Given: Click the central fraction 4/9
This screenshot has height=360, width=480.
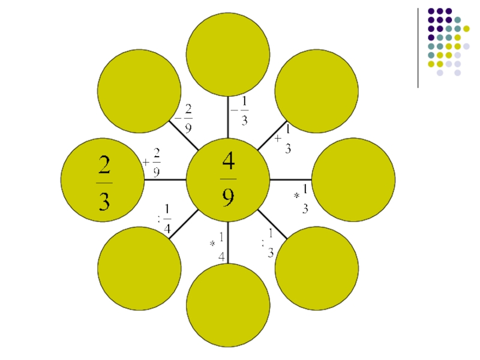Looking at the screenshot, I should pos(228,179).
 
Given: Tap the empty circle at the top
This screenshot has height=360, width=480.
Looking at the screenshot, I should pos(228,55).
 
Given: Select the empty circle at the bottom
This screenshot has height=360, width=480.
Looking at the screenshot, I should pos(228,305).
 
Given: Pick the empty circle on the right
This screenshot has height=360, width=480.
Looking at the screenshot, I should pos(353,179).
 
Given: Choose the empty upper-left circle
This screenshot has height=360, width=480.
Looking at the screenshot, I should pos(139,91).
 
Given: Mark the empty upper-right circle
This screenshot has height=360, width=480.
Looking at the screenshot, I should pos(316,91).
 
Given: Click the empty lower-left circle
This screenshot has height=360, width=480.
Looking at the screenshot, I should pos(139,268).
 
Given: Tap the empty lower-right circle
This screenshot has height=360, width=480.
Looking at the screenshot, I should pos(316,268).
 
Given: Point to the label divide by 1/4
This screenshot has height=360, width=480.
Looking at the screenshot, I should pos(164,220).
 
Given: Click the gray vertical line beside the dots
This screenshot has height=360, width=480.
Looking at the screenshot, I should pos(418,48).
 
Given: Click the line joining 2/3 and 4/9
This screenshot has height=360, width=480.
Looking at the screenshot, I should pos(166,179).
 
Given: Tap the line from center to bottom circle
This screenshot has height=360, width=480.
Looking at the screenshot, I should pos(228,242).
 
